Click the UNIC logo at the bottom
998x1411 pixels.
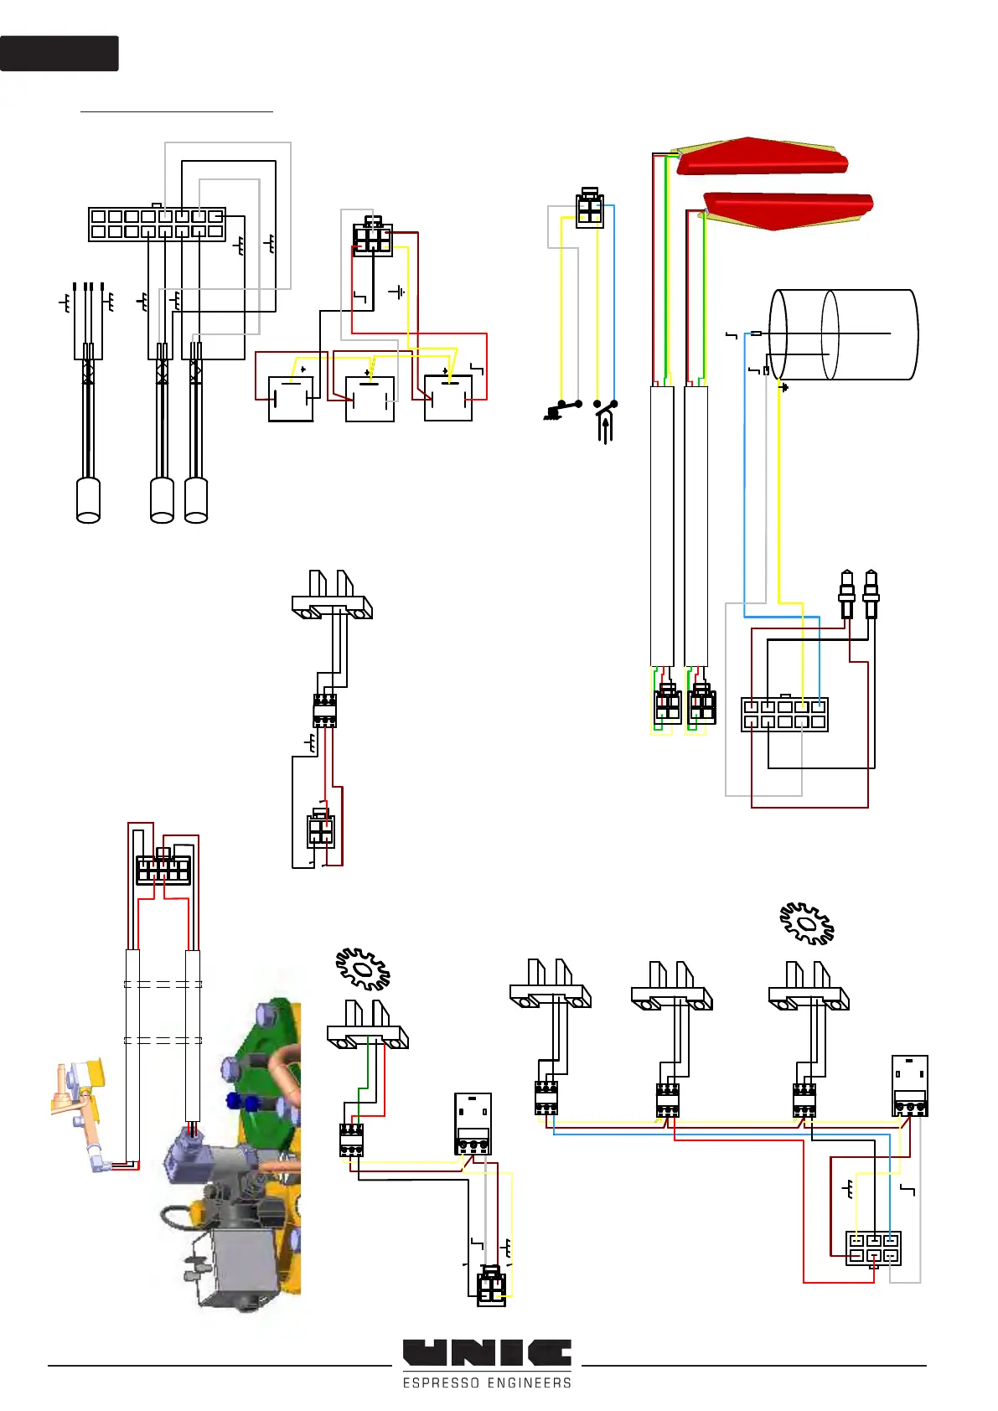tap(487, 1352)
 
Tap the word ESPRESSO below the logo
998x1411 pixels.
tap(441, 1383)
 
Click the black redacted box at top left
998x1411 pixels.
tap(59, 53)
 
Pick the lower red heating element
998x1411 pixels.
tap(788, 210)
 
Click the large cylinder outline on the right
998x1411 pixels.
tap(845, 334)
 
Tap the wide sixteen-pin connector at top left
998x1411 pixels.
tap(157, 224)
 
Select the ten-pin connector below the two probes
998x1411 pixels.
tap(784, 715)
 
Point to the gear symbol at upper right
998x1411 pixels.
tap(807, 923)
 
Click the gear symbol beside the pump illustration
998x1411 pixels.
tap(363, 969)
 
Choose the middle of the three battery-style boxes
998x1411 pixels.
tap(370, 399)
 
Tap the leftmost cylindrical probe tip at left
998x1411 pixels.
tap(88, 500)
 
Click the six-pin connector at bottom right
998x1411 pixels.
tap(873, 1248)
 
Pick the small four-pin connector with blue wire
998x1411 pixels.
tap(590, 209)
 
